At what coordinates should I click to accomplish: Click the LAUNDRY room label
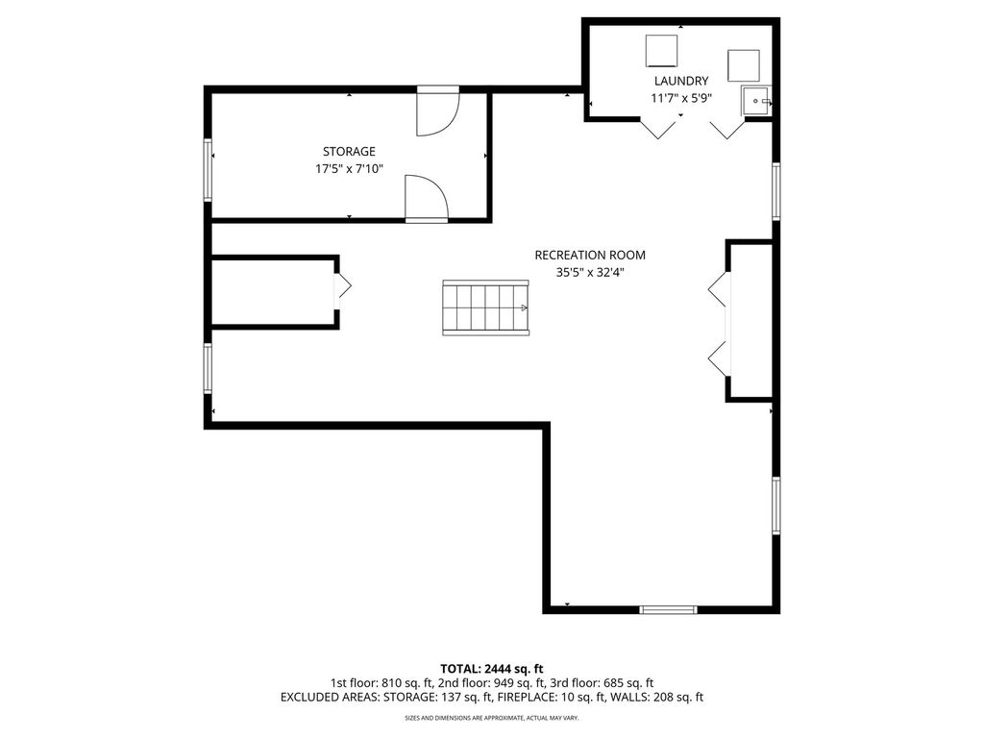[681, 81]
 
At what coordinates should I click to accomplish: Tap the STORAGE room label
[349, 151]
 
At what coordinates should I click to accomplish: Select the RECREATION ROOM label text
[590, 255]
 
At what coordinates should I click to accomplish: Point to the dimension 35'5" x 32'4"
[590, 272]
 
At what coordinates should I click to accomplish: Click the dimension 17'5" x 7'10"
[349, 169]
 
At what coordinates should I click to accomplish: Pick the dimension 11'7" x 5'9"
[681, 99]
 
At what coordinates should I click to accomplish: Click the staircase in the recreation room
[485, 307]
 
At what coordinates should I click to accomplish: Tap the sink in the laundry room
[756, 100]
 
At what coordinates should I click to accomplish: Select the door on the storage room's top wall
[438, 111]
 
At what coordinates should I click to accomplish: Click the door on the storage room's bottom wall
[427, 198]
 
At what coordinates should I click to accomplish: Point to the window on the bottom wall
[669, 609]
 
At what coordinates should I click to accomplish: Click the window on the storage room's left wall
[208, 169]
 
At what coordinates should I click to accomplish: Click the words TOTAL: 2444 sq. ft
[491, 669]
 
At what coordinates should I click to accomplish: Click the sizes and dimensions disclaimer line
[491, 717]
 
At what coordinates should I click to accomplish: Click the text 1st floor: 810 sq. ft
[381, 683]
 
